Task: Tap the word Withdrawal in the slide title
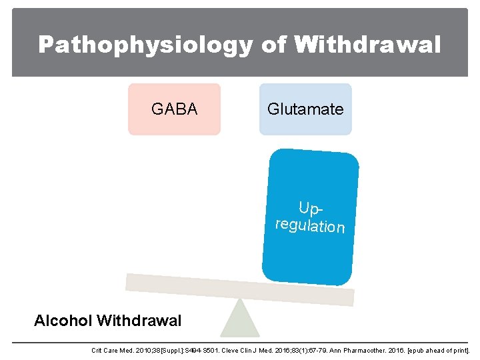[368, 45]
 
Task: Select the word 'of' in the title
[273, 45]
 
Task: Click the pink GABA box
[174, 109]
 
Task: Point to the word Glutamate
[305, 109]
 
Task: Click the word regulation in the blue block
[310, 225]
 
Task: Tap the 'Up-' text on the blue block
[311, 207]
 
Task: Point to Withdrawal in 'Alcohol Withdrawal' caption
[139, 321]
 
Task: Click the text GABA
[174, 109]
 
